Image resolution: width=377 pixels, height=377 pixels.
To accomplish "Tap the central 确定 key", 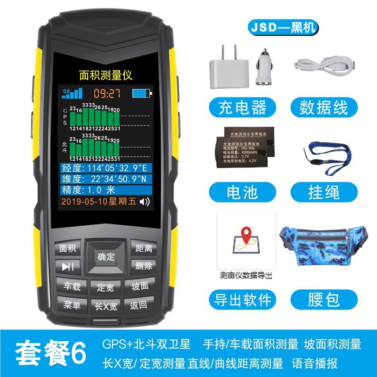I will tap(106, 257).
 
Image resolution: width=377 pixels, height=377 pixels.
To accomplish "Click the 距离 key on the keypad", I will tap(143, 248).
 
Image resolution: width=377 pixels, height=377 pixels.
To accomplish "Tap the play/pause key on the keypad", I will tap(68, 267).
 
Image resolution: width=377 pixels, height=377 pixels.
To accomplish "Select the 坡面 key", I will tap(140, 286).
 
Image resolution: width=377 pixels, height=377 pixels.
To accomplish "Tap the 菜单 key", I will tap(72, 305).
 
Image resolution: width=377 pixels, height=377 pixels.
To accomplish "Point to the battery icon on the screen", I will tap(143, 93).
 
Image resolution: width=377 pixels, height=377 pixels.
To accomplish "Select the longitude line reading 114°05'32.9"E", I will tap(107, 168).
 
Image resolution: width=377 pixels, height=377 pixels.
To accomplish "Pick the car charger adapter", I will tap(264, 68).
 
